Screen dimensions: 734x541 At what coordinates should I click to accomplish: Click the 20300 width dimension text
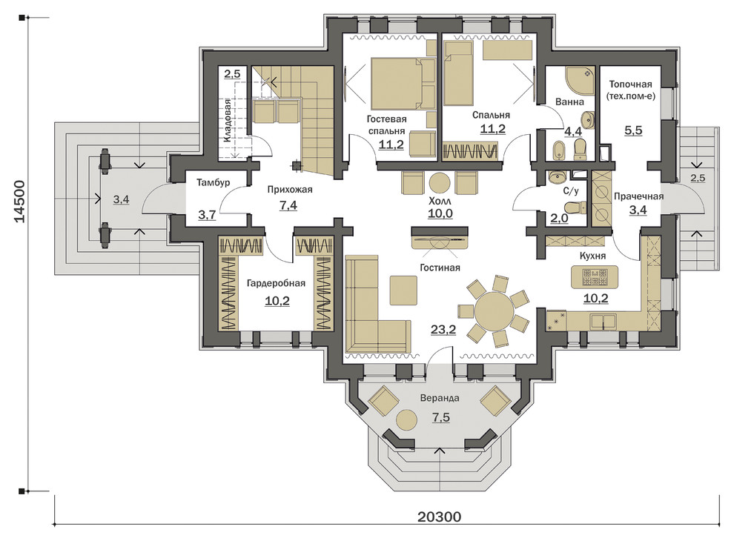click(439, 517)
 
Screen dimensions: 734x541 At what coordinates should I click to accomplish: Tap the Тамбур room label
click(213, 182)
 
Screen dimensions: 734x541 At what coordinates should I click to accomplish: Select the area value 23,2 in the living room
click(443, 330)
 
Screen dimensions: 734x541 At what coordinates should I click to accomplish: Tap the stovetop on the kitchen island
click(595, 277)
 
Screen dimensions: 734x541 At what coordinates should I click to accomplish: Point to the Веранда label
click(439, 398)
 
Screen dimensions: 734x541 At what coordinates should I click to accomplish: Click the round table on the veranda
click(407, 419)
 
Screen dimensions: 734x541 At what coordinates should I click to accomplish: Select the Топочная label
click(630, 84)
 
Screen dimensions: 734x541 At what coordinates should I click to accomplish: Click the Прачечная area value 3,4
click(638, 210)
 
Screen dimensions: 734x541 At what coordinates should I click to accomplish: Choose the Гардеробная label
click(277, 283)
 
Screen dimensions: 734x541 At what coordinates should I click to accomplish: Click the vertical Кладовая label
click(227, 121)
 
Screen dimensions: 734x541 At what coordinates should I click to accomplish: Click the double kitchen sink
click(603, 322)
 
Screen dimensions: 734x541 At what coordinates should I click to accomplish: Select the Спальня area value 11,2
click(493, 129)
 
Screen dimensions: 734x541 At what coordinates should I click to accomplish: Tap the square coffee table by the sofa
click(403, 291)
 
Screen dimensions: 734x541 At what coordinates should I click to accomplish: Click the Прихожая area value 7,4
click(288, 205)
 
